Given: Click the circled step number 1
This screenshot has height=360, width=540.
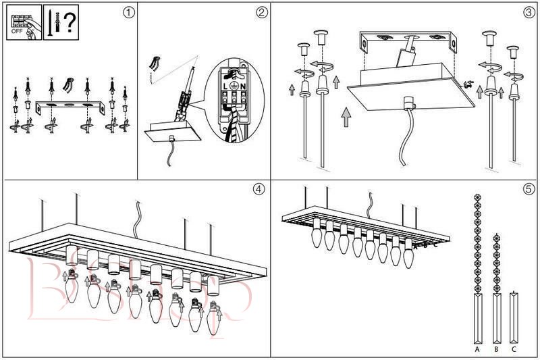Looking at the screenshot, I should coord(129,11).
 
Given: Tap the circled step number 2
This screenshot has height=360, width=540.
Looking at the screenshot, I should coord(261,11).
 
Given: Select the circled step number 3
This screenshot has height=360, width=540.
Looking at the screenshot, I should coord(529,11).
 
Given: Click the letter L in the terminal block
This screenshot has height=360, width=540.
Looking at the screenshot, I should coord(225,86).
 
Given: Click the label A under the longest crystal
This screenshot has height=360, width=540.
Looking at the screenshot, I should coord(477,350).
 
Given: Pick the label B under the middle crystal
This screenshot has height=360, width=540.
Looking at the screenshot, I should coord(496,350).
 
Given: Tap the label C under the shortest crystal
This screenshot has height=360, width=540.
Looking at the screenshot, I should coord(514,350).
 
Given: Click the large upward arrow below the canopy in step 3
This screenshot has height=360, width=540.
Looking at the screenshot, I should coord(346,116).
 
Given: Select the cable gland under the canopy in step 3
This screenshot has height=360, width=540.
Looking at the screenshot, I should coord(407,103).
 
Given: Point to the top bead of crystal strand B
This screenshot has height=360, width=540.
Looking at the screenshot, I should coord(496,238).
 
